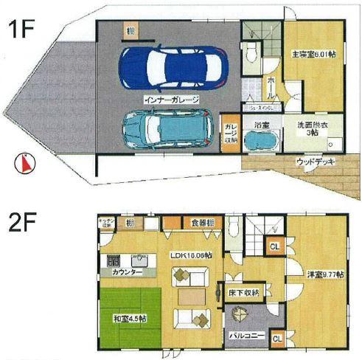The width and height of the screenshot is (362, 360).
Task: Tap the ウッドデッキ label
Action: coord(314,160)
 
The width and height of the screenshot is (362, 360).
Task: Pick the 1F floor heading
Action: coord(22,30)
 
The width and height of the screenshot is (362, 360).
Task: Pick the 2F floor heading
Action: coord(22,219)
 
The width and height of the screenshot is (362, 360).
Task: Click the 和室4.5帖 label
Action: coord(130,320)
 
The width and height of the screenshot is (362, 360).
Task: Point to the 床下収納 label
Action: coord(244,293)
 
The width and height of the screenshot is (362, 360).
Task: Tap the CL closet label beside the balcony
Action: coord(276,338)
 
